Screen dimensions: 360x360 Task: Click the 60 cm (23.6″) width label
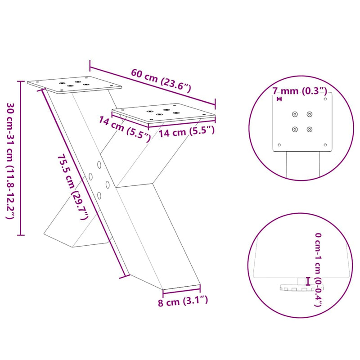pyautogui.click(x=161, y=80)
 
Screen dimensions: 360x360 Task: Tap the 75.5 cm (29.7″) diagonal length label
pyautogui.click(x=72, y=187)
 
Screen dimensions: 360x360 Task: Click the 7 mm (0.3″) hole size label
pyautogui.click(x=299, y=91)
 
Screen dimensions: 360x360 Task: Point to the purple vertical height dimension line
pyautogui.click(x=20, y=157)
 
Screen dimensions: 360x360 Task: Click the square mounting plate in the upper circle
pyautogui.click(x=302, y=122)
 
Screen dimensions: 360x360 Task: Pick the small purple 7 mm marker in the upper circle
pyautogui.click(x=279, y=99)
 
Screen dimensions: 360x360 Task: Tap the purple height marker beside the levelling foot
pyautogui.click(x=308, y=281)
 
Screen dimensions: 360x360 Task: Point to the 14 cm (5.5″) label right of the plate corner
pyautogui.click(x=186, y=132)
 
